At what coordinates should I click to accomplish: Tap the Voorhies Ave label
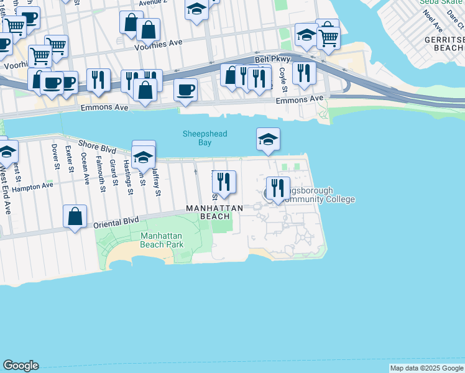click(162, 47)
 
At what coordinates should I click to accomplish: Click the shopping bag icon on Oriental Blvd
click(75, 217)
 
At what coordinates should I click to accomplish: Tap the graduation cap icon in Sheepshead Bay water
click(268, 139)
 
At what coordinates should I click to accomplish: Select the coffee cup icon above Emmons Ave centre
click(186, 90)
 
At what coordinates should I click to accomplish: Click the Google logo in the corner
click(21, 366)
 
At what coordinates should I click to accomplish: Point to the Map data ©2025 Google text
click(426, 368)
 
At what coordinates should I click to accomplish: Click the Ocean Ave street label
click(85, 167)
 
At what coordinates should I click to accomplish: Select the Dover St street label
click(55, 158)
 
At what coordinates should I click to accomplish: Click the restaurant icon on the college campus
click(278, 188)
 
